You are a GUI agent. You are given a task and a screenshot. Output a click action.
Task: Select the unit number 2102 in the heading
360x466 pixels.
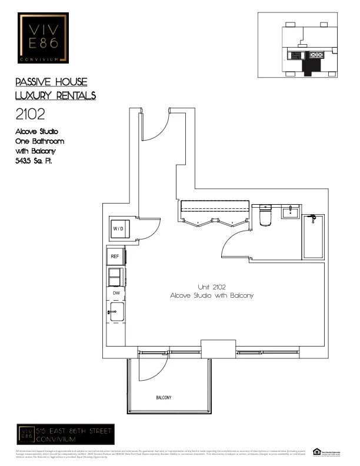[x=32, y=114]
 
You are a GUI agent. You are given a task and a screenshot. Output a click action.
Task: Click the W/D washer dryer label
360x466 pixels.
[x=118, y=228]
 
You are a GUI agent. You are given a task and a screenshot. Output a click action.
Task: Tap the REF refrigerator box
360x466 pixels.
[x=115, y=257]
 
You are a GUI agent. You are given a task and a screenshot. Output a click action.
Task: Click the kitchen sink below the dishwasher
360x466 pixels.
[x=115, y=311]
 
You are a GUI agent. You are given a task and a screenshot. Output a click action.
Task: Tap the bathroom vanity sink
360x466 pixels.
[x=290, y=212]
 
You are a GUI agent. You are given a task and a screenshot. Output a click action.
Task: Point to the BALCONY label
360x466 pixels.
[x=164, y=398]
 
